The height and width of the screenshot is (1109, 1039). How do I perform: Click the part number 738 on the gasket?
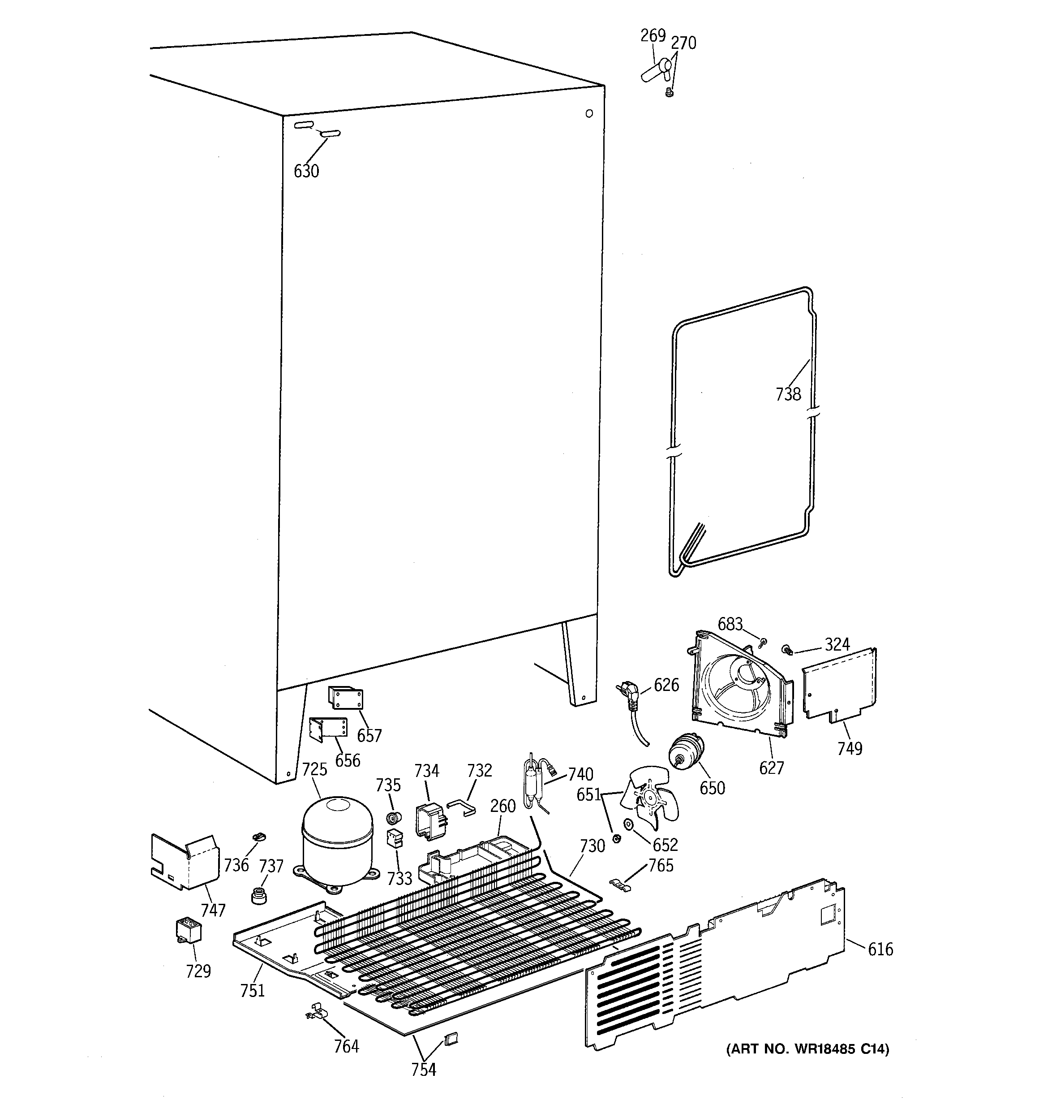click(788, 394)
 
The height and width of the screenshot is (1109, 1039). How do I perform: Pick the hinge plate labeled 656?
click(328, 728)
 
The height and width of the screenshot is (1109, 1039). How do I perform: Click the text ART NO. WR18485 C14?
click(807, 1049)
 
